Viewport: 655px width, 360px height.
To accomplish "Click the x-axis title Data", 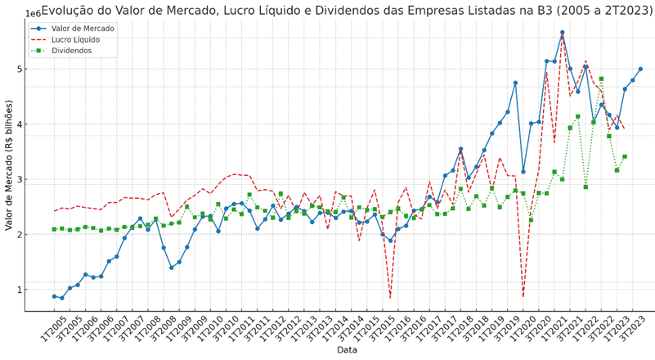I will click(348, 350).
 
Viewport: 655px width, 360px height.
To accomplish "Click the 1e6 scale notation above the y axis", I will click(34, 14).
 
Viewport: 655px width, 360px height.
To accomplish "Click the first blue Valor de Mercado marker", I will click(54, 296).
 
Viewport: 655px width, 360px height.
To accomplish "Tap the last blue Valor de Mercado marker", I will click(640, 69).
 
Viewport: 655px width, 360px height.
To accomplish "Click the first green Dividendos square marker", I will click(54, 229).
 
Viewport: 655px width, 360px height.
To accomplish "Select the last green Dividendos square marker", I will click(625, 156).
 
